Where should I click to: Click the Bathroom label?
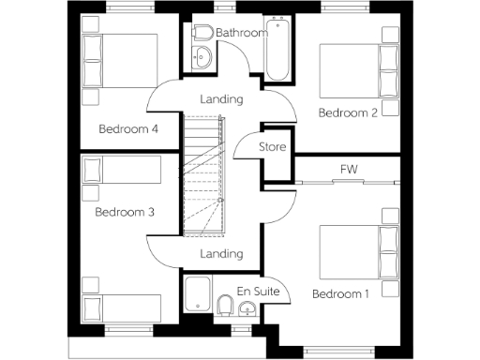pyautogui.click(x=242, y=33)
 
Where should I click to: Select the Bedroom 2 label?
pyautogui.click(x=347, y=112)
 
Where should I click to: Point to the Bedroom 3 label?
pyautogui.click(x=125, y=212)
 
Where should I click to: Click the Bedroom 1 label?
pyautogui.click(x=340, y=294)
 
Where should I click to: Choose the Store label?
pyautogui.click(x=272, y=147)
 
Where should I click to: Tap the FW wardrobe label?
pyautogui.click(x=349, y=169)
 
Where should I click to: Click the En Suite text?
pyautogui.click(x=257, y=291)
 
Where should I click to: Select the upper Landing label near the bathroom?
pyautogui.click(x=222, y=98)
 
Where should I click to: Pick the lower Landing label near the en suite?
pyautogui.click(x=222, y=253)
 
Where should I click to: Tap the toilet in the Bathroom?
pyautogui.click(x=202, y=34)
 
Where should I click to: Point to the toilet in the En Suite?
pyautogui.click(x=225, y=305)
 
